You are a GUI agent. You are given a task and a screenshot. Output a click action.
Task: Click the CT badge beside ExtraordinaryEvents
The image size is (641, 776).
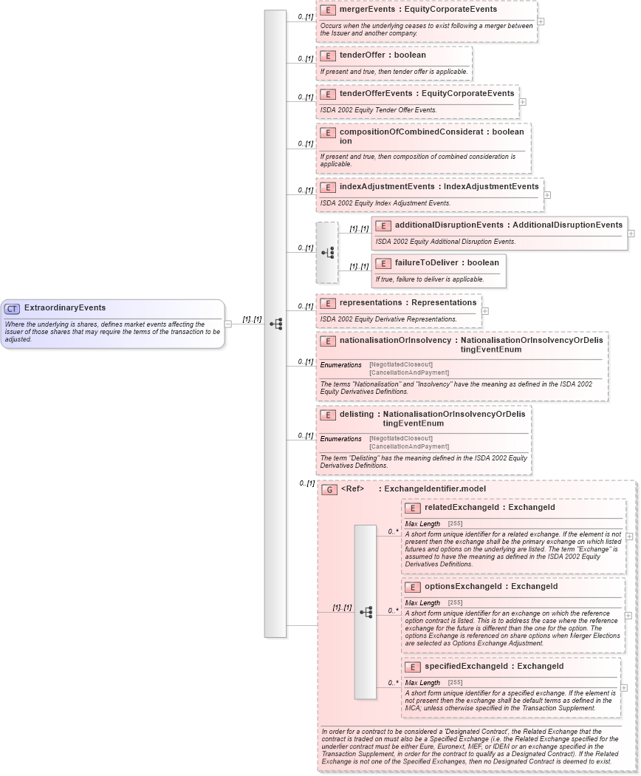12,308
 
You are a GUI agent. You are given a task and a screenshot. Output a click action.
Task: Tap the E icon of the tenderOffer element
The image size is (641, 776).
328,55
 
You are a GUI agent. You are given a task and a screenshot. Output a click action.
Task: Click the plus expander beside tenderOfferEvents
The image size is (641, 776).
523,102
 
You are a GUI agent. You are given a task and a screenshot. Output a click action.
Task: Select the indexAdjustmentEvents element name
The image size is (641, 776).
387,187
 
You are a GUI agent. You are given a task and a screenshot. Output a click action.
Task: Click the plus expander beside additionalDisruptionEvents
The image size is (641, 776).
631,233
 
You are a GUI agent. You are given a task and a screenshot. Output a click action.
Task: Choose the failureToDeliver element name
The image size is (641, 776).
428,262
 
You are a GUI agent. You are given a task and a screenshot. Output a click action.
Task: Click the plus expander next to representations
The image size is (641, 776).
484,311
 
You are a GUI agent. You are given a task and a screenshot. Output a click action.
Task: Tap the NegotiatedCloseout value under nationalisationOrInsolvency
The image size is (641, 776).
401,364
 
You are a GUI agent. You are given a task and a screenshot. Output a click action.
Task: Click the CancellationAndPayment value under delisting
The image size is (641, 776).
408,446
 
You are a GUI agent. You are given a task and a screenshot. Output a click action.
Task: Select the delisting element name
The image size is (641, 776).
357,414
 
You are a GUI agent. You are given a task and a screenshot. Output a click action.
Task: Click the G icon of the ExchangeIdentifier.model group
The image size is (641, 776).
329,489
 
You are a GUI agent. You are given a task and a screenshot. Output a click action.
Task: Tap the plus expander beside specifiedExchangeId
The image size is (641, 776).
624,687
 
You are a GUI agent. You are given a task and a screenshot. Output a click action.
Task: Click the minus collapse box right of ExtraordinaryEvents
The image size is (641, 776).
228,323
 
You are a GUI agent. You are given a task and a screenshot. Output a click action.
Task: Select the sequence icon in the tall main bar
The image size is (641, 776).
275,324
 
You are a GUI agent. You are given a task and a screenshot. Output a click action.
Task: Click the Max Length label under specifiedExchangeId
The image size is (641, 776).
422,682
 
